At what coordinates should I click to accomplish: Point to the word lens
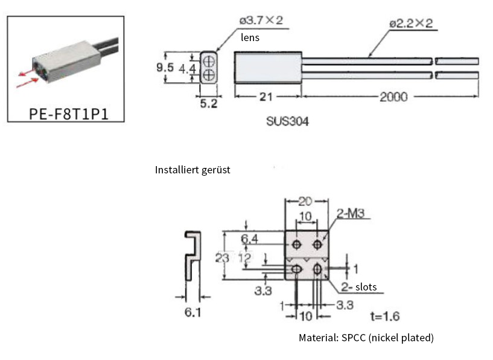click(251, 37)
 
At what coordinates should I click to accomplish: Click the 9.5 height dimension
click(165, 68)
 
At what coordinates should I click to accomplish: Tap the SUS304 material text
click(288, 121)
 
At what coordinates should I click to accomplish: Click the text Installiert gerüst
click(192, 170)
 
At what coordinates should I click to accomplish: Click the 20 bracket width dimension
click(307, 201)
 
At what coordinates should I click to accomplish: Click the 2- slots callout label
click(360, 287)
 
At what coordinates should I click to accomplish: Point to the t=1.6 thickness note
click(384, 316)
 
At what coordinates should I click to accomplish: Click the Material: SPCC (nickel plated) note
click(366, 338)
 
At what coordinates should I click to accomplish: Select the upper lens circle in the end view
click(208, 61)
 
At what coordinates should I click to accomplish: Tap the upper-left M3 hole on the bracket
click(297, 244)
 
